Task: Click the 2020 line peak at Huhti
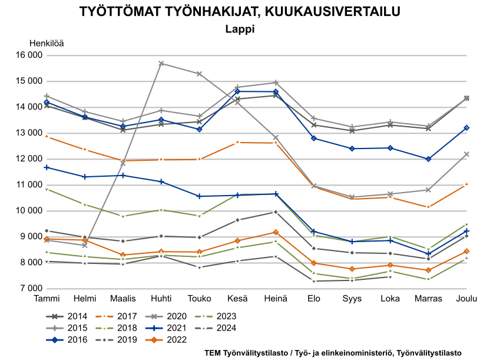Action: point(161,63)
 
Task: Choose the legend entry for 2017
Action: point(127,316)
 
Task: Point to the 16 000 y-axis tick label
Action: point(28,55)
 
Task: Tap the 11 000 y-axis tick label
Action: point(28,185)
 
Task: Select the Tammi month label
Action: point(47,299)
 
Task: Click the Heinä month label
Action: point(275,299)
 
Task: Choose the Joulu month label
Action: point(466,299)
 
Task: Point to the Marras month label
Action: point(428,299)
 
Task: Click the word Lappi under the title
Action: point(240,28)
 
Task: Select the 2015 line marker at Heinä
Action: point(276,82)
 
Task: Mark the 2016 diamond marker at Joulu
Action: point(466,128)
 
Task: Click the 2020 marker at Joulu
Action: point(466,154)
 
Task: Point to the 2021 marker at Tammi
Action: point(47,167)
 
